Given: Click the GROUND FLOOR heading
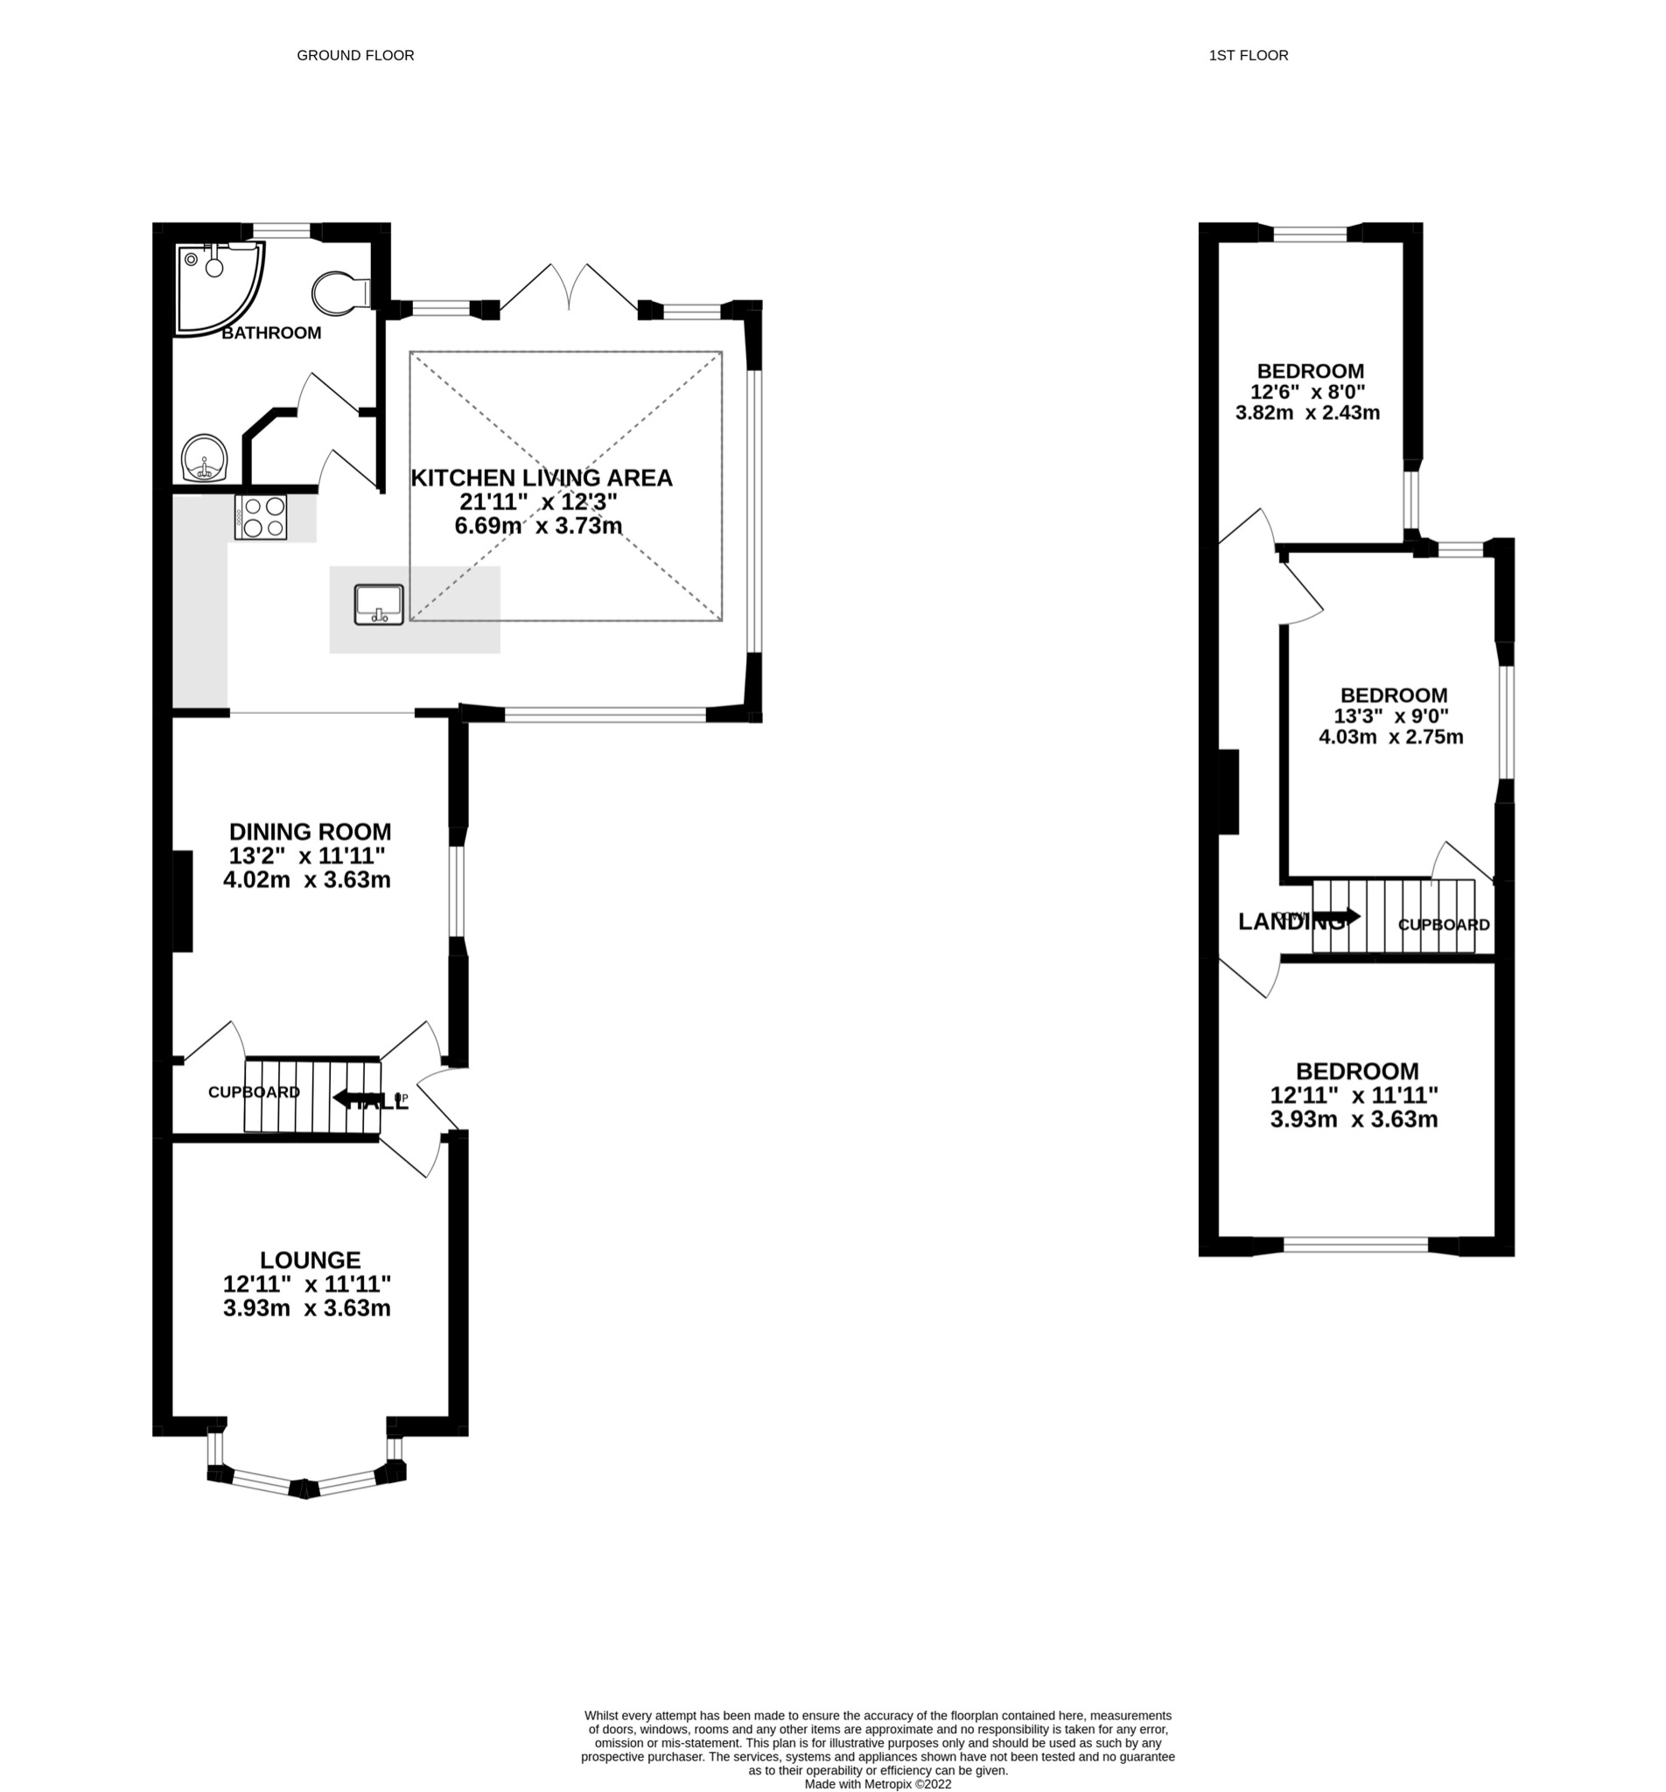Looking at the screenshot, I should pyautogui.click(x=355, y=55).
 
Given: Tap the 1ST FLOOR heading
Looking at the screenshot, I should pyautogui.click(x=1248, y=55).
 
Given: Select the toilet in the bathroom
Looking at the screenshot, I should pyautogui.click(x=339, y=292).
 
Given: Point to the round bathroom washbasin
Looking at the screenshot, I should pyautogui.click(x=205, y=458).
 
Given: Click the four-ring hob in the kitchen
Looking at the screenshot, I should pyautogui.click(x=261, y=517).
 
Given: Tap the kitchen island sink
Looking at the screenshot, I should pyautogui.click(x=379, y=604).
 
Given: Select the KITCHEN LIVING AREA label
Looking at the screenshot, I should pyautogui.click(x=541, y=478).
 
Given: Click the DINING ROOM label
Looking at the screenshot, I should pyautogui.click(x=310, y=831).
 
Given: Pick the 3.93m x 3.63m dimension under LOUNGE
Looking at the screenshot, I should pyautogui.click(x=306, y=1307).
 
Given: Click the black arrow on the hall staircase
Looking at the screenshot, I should pyautogui.click(x=352, y=1099).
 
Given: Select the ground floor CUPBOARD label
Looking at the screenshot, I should pyautogui.click(x=254, y=1092).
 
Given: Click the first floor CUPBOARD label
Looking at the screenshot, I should pyautogui.click(x=1444, y=925).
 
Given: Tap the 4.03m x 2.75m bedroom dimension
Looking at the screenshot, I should pyautogui.click(x=1390, y=737).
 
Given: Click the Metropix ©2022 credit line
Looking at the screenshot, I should pyautogui.click(x=877, y=1783).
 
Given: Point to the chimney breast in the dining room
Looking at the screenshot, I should pyautogui.click(x=183, y=900).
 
